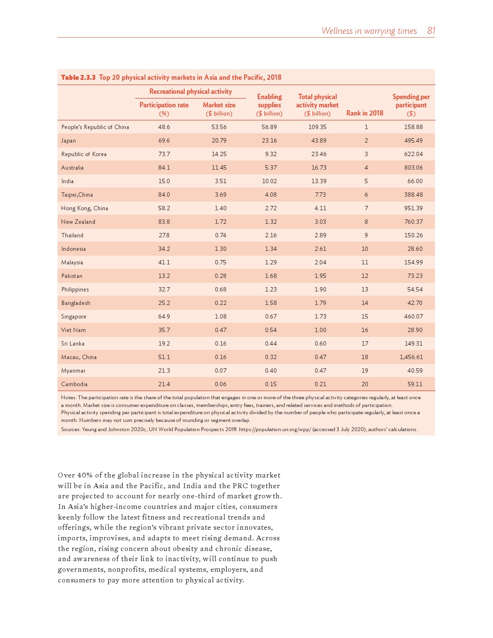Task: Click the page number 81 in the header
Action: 431,31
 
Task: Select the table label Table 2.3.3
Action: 78,77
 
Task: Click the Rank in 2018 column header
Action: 364,113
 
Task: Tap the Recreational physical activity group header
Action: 190,91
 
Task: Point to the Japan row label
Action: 69,141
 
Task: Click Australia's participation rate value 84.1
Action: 164,168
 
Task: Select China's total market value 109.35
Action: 317,127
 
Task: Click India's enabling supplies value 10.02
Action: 269,181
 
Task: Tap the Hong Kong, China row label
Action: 85,208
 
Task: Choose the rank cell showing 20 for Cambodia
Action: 364,384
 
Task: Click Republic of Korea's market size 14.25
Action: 219,154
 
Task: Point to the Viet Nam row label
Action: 73,330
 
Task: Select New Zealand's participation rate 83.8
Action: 164,222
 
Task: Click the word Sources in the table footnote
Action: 71,429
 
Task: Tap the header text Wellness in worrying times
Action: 369,31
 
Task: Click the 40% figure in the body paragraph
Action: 85,475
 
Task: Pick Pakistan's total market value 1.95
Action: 320,276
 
